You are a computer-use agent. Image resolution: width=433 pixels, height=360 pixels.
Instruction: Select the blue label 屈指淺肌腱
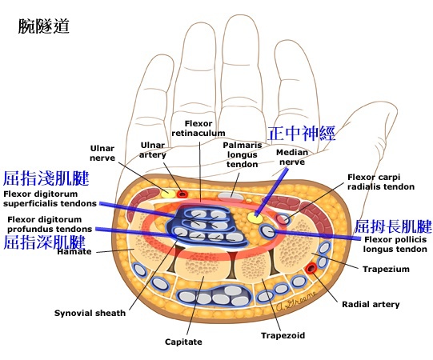(46, 178)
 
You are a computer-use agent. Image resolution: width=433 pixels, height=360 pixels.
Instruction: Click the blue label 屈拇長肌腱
(393, 225)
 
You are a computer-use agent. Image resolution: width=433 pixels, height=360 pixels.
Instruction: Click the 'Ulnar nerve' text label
(102, 153)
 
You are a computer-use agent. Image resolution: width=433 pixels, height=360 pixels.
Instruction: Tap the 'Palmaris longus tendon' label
(240, 154)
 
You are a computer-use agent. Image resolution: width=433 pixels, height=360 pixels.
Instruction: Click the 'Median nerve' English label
(291, 156)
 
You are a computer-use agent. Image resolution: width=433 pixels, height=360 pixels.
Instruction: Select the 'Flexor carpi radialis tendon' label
(381, 182)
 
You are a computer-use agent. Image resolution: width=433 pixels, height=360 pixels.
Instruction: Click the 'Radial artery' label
(371, 304)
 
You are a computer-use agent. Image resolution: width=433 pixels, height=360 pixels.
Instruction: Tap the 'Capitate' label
(185, 342)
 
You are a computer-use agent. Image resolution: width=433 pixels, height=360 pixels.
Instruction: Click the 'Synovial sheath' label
(89, 313)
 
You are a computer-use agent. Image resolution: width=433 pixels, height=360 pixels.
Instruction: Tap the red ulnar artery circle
(182, 193)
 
